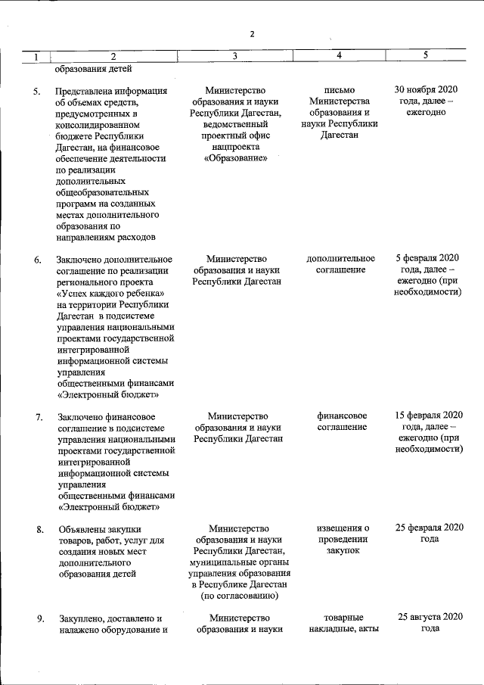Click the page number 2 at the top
click(253, 33)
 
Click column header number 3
click(235, 56)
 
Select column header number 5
click(426, 55)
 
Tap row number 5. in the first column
click(37, 92)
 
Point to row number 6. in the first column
click(37, 260)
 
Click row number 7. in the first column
click(38, 417)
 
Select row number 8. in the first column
click(38, 529)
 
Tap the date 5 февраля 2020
click(427, 258)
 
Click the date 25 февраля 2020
click(428, 528)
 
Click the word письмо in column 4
click(339, 91)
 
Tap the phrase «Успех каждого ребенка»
click(111, 294)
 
